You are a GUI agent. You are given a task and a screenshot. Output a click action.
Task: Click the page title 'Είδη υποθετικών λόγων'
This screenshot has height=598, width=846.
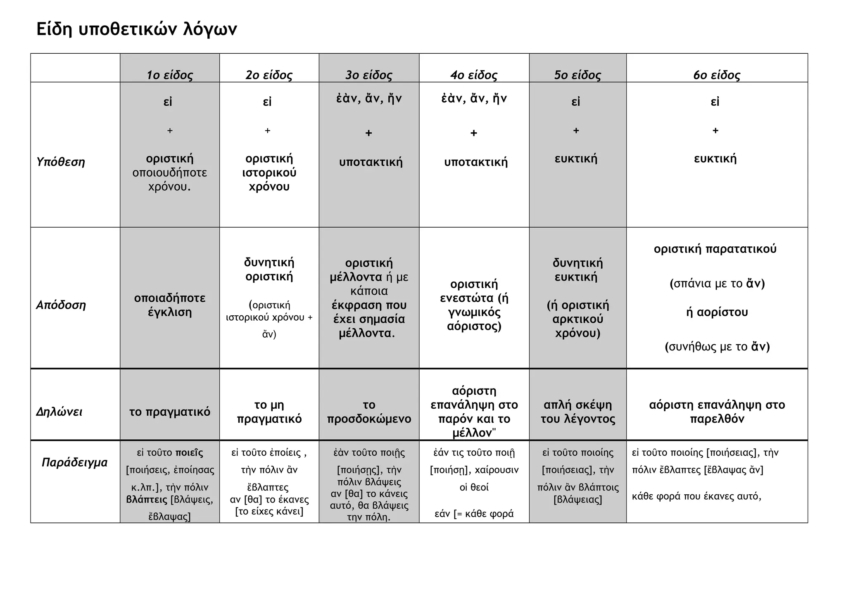tap(137, 29)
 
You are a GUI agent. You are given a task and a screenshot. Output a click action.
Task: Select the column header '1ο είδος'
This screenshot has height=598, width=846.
tap(169, 75)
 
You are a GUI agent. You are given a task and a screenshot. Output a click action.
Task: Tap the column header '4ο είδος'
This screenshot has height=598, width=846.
tap(474, 75)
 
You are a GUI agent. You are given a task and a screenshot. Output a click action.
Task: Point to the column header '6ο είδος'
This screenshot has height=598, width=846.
tap(717, 75)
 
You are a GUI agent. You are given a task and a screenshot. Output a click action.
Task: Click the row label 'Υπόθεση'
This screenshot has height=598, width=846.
tap(61, 162)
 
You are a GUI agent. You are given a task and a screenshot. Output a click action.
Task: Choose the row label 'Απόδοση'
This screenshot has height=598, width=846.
tap(61, 305)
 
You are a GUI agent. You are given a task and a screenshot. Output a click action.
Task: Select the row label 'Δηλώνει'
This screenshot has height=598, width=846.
tap(59, 412)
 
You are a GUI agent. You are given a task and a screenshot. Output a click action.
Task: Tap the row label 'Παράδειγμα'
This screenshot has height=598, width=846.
tap(74, 462)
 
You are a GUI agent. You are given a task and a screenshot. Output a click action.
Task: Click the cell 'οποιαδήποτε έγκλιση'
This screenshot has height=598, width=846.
tap(169, 305)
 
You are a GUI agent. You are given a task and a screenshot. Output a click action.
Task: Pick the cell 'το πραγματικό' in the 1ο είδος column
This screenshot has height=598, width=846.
tap(169, 412)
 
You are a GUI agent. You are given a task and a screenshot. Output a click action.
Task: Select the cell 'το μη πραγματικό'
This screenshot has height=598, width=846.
tap(269, 412)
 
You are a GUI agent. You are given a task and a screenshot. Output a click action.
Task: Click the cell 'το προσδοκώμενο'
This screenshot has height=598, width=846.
tap(369, 412)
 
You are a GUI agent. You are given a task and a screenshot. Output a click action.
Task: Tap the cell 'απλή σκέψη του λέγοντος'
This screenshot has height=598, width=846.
tap(577, 412)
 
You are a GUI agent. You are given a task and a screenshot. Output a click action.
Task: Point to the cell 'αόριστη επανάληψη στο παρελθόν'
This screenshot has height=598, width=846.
tap(717, 412)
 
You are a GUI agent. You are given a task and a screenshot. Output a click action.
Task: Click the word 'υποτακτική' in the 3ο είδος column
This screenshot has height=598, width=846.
tap(371, 162)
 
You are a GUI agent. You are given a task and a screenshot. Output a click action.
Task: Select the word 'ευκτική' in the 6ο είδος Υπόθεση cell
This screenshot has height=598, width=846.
tap(715, 159)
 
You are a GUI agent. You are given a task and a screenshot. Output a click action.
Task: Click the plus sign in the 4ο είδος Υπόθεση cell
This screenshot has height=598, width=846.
tap(474, 133)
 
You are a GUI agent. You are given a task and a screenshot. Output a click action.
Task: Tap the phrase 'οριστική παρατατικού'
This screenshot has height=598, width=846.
tap(715, 249)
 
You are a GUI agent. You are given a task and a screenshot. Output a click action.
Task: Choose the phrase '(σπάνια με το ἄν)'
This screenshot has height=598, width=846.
tap(717, 284)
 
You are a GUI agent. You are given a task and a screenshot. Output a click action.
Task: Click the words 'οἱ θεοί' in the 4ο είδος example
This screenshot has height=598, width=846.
tap(474, 487)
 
